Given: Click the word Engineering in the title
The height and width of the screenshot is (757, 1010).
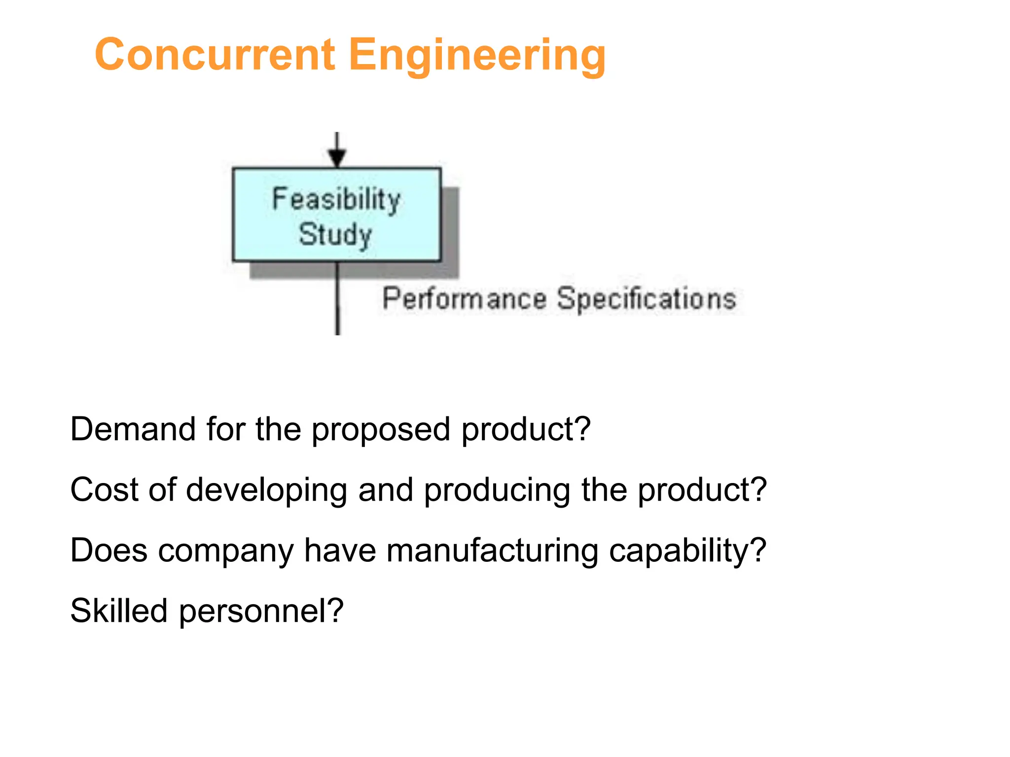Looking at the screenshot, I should coord(477,55).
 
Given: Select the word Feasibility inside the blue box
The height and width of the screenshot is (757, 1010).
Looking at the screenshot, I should coord(336,200).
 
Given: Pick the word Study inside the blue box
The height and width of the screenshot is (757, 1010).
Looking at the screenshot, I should coord(335,235).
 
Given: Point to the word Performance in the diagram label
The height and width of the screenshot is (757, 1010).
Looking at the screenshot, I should coord(465,299).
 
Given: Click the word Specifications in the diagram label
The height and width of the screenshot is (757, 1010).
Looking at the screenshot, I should coord(647,299).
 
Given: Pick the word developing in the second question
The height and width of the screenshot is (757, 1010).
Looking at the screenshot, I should coord(266,491).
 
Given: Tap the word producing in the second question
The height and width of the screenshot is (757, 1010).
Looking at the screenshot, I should coord(497,491).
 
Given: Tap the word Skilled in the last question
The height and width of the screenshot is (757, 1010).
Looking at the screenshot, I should coord(119,611).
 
